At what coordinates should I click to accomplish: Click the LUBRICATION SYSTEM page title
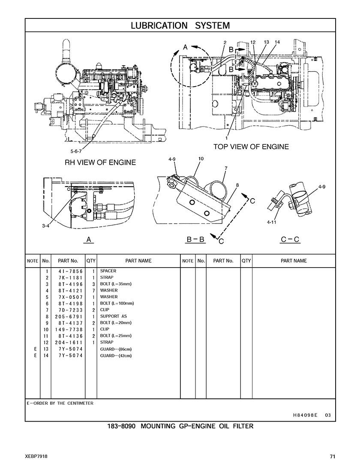(x=180, y=25)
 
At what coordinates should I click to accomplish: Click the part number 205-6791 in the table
(x=68, y=316)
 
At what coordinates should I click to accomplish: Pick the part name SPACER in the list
(x=108, y=271)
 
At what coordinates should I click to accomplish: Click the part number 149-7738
(x=68, y=329)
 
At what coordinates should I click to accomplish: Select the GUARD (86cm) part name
(x=116, y=349)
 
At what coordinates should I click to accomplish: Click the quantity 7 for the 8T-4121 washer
(x=93, y=290)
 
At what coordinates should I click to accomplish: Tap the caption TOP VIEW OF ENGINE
(x=251, y=147)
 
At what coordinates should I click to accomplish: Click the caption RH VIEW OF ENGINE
(x=100, y=163)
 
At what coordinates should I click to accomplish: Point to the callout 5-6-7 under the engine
(x=76, y=151)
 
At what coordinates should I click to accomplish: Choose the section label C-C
(x=290, y=240)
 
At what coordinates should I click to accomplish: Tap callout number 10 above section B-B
(x=201, y=158)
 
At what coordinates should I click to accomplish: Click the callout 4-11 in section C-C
(x=271, y=223)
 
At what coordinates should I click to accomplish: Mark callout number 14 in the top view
(x=277, y=42)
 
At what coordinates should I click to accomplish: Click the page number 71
(x=333, y=456)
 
